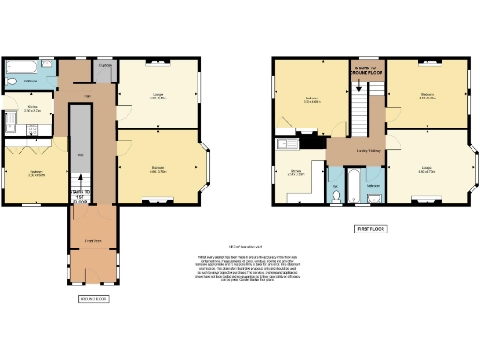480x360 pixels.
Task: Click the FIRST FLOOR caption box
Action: pyautogui.click(x=370, y=228)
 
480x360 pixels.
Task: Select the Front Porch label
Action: pyautogui.click(x=93, y=240)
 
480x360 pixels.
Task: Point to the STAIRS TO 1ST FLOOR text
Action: pyautogui.click(x=80, y=194)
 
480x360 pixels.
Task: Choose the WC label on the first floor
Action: pyautogui.click(x=336, y=185)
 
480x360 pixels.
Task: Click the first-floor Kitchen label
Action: pyautogui.click(x=293, y=171)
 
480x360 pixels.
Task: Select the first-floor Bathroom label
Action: pyautogui.click(x=372, y=185)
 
